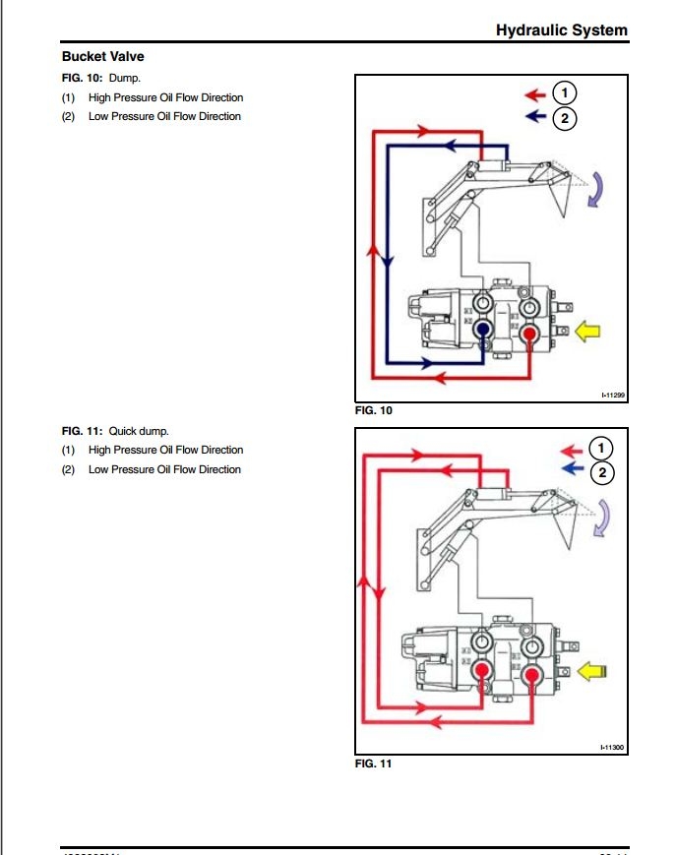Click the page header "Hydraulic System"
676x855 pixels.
(561, 31)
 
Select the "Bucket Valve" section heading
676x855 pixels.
(102, 57)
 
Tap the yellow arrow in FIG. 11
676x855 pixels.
(592, 671)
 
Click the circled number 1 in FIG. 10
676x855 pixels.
(564, 93)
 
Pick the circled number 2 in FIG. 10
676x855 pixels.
(564, 118)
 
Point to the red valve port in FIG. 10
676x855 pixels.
(530, 333)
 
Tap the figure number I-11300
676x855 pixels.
(613, 749)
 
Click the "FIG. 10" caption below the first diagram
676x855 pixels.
(373, 410)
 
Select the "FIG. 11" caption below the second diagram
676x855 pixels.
(373, 764)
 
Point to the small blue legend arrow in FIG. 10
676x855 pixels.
(535, 117)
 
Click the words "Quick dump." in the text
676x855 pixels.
(139, 431)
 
